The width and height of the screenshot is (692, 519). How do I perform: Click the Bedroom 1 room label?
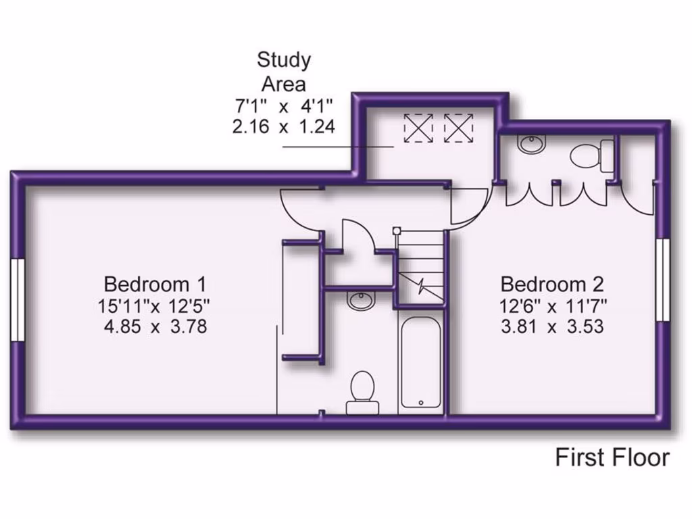(x=155, y=282)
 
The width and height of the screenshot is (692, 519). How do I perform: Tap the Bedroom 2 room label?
(x=551, y=282)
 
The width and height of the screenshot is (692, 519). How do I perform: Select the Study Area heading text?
(x=284, y=72)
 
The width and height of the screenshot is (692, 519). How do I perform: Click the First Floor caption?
(x=612, y=458)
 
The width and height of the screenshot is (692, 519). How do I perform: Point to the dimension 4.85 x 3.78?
(x=155, y=328)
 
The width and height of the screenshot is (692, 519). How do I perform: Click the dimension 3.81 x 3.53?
(x=551, y=328)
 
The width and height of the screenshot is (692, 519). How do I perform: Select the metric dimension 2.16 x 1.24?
(x=284, y=127)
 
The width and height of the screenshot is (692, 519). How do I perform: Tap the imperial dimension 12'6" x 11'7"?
(x=551, y=305)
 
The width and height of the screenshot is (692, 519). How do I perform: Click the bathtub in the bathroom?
(x=420, y=364)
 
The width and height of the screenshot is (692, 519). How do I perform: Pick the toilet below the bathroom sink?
(x=362, y=391)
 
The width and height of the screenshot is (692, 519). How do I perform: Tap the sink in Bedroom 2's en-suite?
(x=532, y=144)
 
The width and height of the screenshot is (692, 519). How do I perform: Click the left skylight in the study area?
(x=418, y=126)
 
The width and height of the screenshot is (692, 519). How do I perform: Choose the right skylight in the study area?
(x=459, y=126)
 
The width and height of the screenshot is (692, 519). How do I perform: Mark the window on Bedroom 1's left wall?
(x=17, y=299)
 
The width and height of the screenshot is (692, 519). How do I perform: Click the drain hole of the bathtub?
(x=421, y=402)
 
